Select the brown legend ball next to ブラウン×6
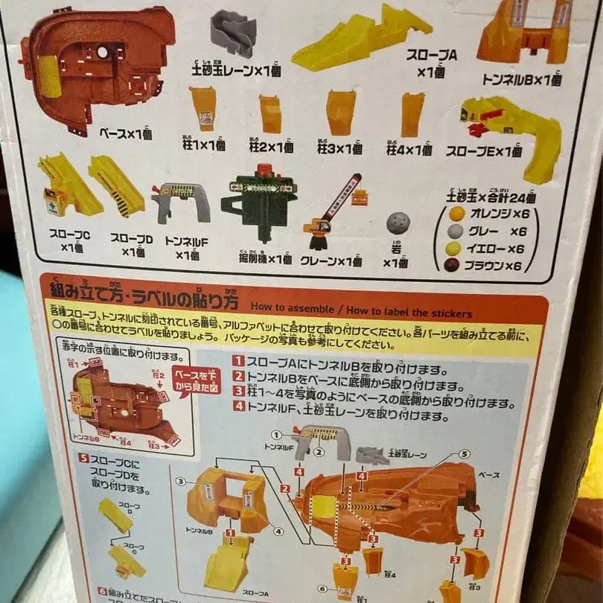451,265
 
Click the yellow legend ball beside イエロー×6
453,249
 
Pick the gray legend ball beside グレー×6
454,232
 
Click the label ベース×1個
125,134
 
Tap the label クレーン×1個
331,261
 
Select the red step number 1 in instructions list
239,360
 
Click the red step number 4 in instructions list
239,406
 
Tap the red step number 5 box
84,457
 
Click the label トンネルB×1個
520,80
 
